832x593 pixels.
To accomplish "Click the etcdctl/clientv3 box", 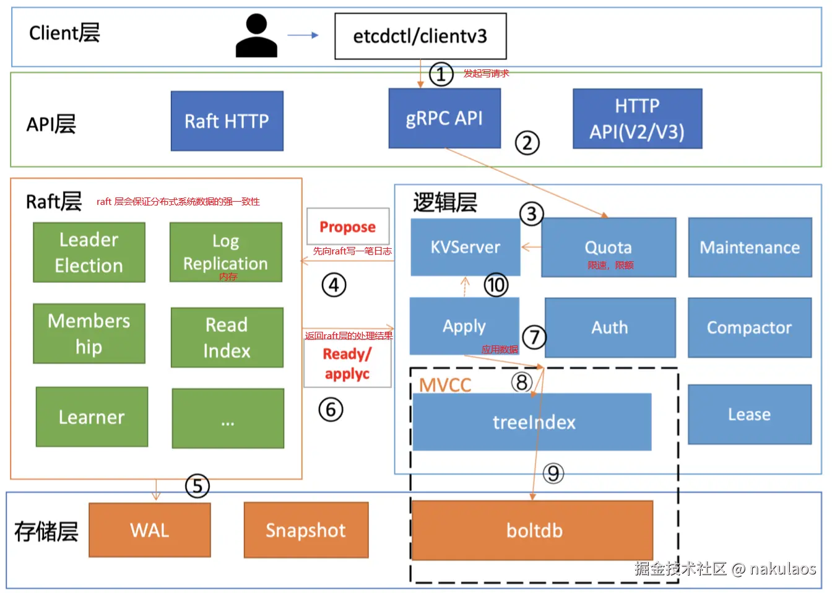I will coord(420,37).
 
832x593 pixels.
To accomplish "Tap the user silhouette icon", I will coord(256,37).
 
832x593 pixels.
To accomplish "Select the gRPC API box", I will coord(444,118).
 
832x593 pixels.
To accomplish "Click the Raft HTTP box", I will coord(227,121).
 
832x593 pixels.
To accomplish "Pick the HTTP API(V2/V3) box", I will coord(637,119).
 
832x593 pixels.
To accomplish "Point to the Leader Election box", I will coord(89,253).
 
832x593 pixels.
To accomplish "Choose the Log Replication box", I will coord(226,253).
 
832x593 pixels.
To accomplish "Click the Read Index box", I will coord(227,337).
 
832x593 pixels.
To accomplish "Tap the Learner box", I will coord(92,417).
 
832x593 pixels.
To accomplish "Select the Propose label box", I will coord(348,227).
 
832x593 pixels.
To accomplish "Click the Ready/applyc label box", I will coord(347,364).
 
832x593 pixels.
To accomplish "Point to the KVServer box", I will coord(466,247).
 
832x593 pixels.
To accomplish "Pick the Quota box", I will coord(609,248).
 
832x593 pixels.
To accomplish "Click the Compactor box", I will coord(749,327).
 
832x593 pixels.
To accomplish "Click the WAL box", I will coord(150,530).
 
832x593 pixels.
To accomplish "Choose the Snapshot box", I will coord(306,530).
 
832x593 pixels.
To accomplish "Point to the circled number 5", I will coord(197,486).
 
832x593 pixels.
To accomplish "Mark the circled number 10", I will coord(496,285).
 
